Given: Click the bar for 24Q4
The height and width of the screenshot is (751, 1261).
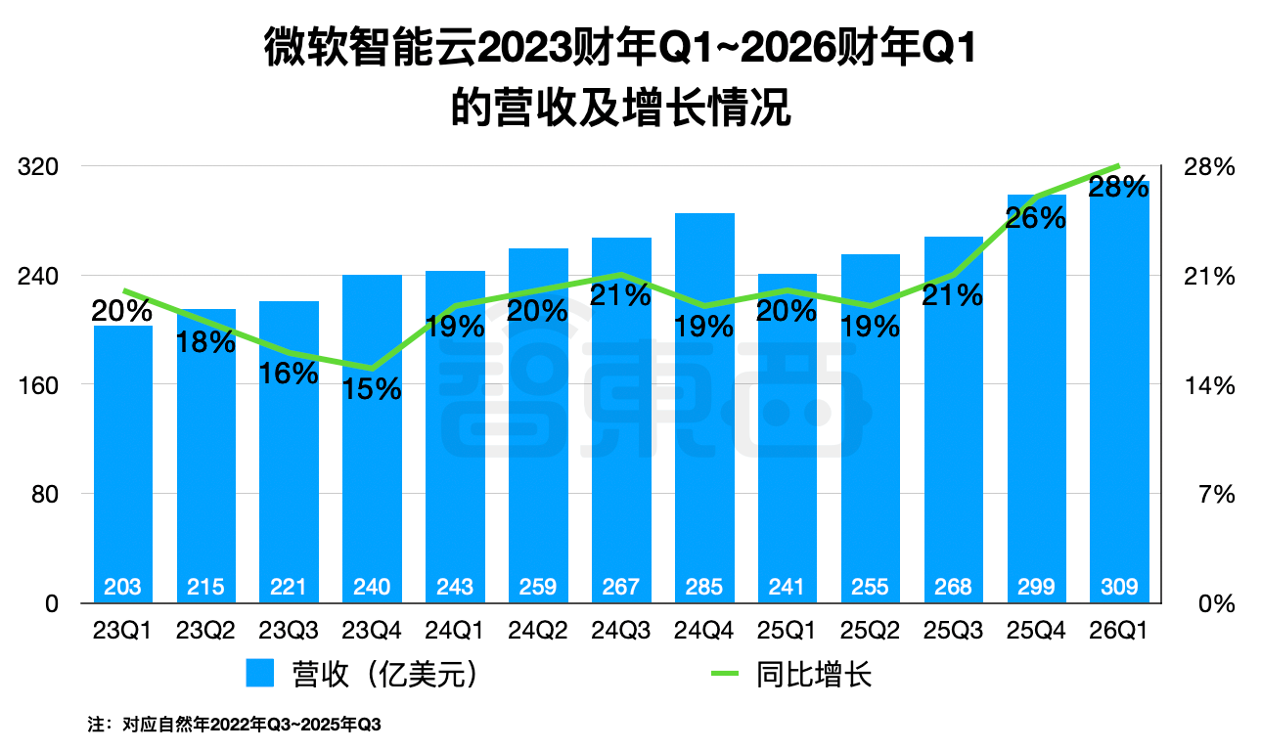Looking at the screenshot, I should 704,411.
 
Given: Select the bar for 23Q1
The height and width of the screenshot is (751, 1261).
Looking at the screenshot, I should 123,460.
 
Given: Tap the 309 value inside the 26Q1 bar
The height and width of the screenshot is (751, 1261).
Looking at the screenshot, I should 1119,587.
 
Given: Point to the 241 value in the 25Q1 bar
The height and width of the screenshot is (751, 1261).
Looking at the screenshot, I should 787,587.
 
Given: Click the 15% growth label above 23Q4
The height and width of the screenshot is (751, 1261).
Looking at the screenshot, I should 372,389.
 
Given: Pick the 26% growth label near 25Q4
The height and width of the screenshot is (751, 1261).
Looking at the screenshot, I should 1035,218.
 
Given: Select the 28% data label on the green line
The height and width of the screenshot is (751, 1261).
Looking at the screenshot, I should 1118,187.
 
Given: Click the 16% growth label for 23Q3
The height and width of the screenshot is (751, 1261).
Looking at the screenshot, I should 289,374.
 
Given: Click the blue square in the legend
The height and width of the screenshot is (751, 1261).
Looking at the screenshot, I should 261,675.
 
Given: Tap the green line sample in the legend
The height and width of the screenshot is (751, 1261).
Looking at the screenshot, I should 725,675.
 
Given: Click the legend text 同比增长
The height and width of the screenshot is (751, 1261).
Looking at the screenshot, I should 813,675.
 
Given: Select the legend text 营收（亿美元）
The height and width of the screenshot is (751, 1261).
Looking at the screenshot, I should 387,675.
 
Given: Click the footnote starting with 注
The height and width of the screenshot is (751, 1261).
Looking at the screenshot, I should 234,726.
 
